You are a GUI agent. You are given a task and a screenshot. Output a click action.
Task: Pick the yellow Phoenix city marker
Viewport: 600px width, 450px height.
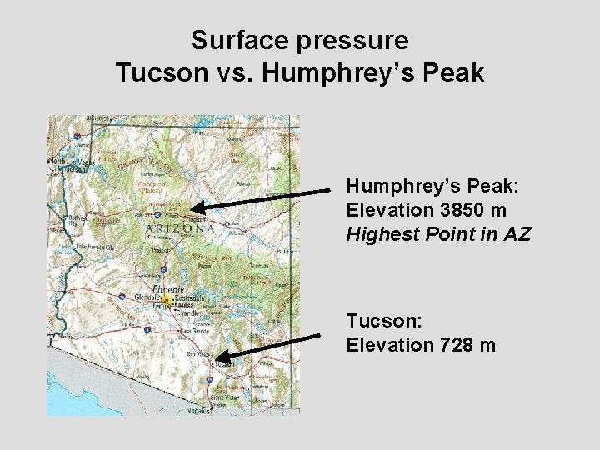167,298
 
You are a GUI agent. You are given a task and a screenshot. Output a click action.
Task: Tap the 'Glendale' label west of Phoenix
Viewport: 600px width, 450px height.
148,298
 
